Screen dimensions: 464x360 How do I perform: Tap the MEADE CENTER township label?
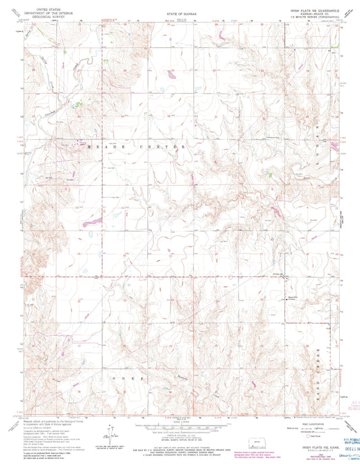135,145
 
